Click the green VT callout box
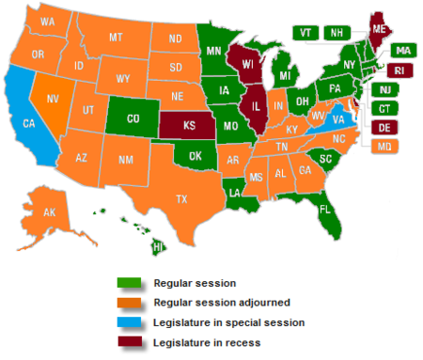tap(305, 32)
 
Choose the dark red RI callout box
tap(399, 70)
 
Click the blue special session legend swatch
tap(131, 322)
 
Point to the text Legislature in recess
tap(205, 342)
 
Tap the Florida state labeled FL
tap(324, 209)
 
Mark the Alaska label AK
tap(50, 212)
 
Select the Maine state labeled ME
tap(379, 29)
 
